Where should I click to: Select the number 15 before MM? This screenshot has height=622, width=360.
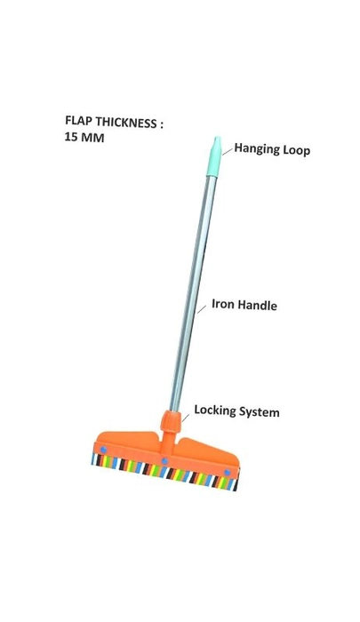pos(70,137)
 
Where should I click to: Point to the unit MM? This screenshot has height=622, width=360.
pos(92,138)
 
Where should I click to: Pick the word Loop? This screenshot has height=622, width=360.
pos(296,151)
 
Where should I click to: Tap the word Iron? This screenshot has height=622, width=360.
pos(221,304)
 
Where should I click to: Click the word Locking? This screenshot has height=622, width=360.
pos(215,410)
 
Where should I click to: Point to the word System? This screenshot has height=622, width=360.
pos(259,412)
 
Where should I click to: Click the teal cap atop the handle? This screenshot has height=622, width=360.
pos(214,156)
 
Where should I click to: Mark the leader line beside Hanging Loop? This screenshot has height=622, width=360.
pos(228,151)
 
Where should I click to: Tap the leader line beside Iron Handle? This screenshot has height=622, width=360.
pos(202,308)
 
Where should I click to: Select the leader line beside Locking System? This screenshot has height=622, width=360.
pos(186,417)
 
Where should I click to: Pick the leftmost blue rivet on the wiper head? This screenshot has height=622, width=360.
pos(103,450)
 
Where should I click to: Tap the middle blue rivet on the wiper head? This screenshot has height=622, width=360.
pos(164,461)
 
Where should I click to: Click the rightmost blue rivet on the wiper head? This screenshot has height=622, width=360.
pos(227,472)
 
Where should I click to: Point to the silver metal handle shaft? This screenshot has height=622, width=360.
pos(193,293)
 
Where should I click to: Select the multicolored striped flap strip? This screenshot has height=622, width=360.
pos(164,472)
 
